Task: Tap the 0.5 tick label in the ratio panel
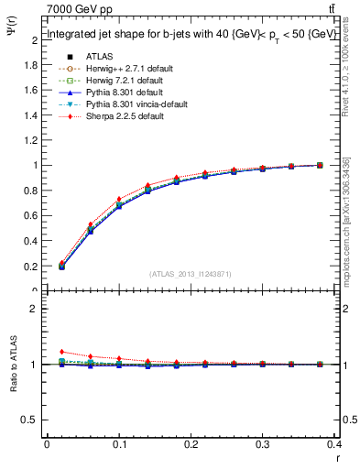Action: (x=30, y=420)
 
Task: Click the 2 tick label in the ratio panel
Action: (x=35, y=309)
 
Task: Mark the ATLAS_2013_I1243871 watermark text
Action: (x=190, y=275)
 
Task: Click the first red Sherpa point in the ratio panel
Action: (x=62, y=352)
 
